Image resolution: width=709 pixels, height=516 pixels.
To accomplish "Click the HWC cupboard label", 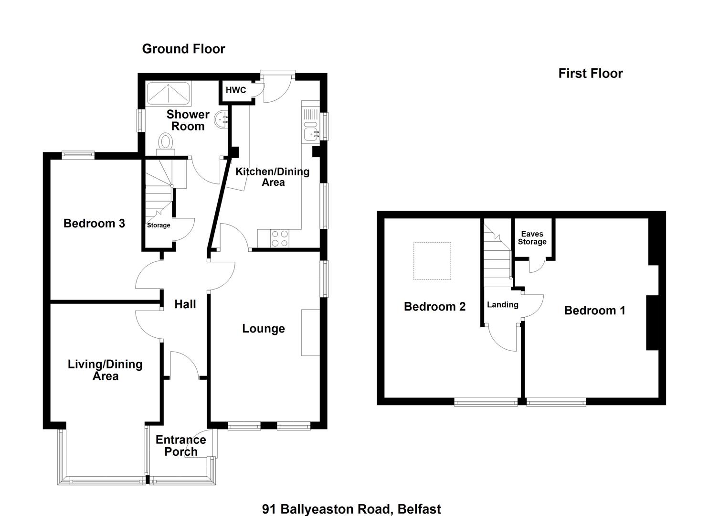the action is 236,90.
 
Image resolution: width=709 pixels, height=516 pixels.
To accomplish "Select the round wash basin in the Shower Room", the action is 221,120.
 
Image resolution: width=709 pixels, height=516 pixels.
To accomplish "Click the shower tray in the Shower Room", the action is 169,94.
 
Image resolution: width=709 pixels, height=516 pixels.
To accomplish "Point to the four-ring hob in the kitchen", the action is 280,238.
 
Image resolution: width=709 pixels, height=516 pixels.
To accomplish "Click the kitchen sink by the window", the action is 311,130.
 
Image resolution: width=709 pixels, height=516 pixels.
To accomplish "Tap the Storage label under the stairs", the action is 159,225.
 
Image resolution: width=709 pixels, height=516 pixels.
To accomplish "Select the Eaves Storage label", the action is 532,238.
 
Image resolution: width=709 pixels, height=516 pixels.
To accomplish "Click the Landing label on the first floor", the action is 503,305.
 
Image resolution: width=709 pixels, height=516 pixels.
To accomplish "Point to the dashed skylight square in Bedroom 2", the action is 432,261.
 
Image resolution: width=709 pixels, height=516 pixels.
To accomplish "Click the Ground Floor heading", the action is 184,49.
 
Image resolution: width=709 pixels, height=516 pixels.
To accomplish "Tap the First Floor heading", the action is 590,74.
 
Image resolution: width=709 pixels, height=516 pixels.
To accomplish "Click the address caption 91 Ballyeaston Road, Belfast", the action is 351,509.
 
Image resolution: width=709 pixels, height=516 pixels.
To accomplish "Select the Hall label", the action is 185,304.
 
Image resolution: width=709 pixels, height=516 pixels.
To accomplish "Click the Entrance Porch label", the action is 181,446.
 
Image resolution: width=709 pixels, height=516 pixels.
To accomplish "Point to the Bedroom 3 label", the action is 95,223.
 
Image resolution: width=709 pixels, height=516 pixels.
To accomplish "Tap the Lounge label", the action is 264,329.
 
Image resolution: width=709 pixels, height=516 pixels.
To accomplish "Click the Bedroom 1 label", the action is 595,311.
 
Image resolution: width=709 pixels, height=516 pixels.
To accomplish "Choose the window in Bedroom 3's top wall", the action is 78,155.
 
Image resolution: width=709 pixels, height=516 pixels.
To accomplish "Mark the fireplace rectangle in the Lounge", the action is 310,333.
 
